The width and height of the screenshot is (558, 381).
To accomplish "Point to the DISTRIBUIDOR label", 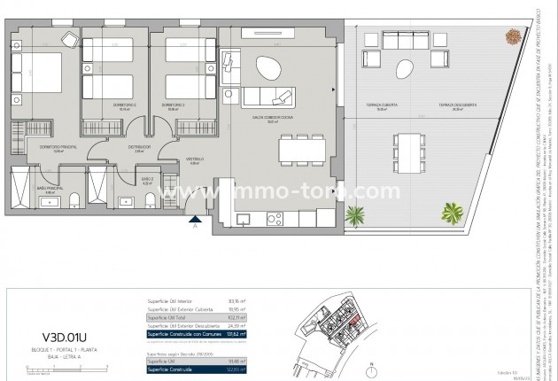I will [138, 147].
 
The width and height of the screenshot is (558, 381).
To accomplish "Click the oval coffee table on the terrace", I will [405, 67].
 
